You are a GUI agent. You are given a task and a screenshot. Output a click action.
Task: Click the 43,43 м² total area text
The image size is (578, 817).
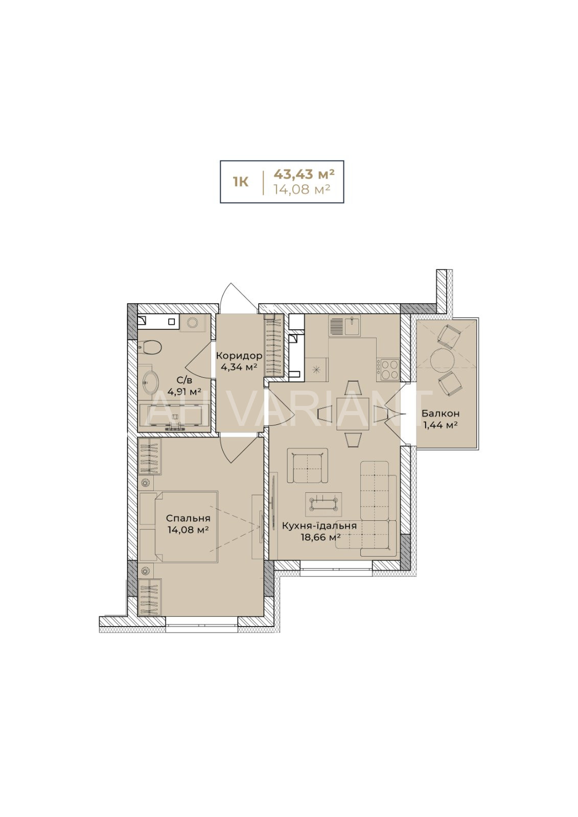coord(304,174)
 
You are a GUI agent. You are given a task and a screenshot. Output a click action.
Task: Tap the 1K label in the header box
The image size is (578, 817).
coord(241,182)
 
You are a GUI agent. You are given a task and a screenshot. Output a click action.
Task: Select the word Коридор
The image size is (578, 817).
coord(239,355)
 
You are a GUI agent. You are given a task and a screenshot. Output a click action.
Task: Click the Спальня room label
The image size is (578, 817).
coord(188,518)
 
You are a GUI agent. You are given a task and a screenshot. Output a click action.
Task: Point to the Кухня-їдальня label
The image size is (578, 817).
coord(319,525)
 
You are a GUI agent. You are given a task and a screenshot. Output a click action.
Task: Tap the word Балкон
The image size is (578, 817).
coord(441,413)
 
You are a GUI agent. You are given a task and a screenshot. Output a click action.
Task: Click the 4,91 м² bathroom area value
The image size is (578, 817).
coord(184,392)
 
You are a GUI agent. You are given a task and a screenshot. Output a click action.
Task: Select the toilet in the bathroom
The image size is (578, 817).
coord(149,347)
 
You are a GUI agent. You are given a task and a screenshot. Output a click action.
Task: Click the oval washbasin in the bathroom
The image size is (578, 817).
coord(150,382)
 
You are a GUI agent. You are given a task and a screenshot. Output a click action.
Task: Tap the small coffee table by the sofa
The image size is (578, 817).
coord(324,503)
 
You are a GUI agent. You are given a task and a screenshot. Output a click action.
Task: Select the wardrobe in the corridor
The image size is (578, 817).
coord(274,346)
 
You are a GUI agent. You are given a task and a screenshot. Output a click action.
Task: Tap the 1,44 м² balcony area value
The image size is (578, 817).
coord(441,424)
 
